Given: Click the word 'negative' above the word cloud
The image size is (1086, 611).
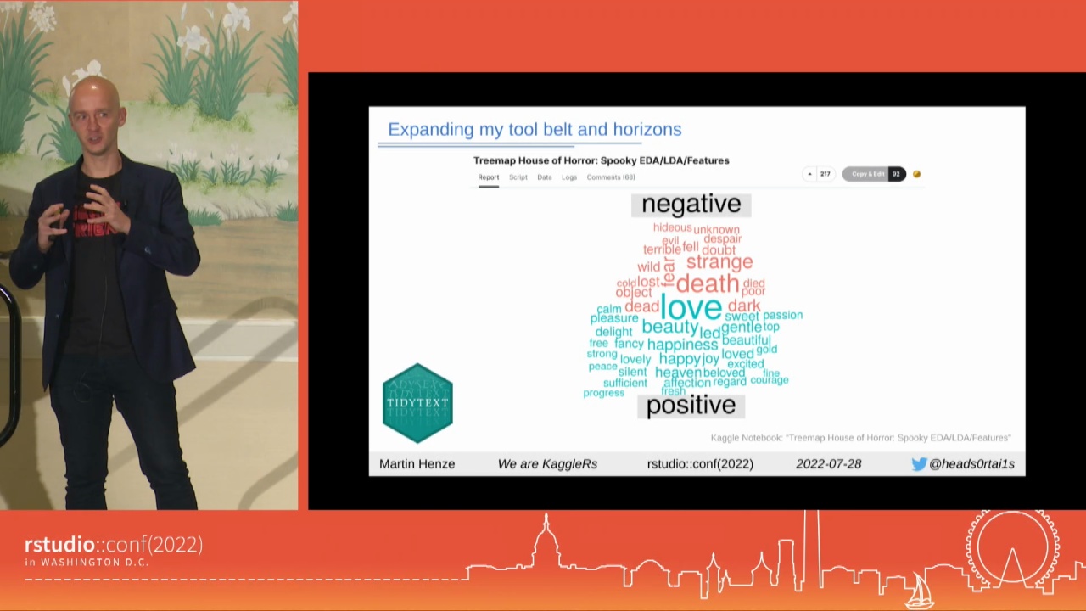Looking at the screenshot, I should tap(691, 204).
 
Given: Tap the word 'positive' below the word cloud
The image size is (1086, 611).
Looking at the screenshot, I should tap(691, 406).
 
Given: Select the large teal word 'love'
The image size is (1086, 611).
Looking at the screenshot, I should tap(691, 307).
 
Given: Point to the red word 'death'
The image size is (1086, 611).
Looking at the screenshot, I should tap(708, 283).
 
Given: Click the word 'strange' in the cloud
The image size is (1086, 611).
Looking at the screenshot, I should tap(719, 261).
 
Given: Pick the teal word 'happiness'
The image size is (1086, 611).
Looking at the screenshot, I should tap(682, 345).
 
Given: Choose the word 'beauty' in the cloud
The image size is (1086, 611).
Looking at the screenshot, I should tap(669, 327).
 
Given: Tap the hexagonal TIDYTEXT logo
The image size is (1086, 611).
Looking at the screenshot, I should tap(417, 403).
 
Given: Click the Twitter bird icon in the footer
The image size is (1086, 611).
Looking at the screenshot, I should tap(919, 463).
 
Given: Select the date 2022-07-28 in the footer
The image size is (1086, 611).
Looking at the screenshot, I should tap(828, 463).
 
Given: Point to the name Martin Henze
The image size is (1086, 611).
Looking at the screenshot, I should tap(417, 463).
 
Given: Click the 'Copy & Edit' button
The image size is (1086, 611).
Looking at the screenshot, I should tap(867, 174).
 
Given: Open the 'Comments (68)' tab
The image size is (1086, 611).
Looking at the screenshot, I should tap(610, 177).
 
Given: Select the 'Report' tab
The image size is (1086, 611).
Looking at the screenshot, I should tap(488, 177).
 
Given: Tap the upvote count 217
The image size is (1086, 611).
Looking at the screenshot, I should tap(825, 174).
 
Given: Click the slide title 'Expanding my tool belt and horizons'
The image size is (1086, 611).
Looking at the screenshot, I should tap(535, 129).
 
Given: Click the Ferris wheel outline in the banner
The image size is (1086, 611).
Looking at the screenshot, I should tap(1011, 549).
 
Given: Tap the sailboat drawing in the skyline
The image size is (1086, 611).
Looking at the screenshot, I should tap(921, 591).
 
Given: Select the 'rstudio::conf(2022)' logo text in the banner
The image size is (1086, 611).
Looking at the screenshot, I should tap(114, 545).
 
